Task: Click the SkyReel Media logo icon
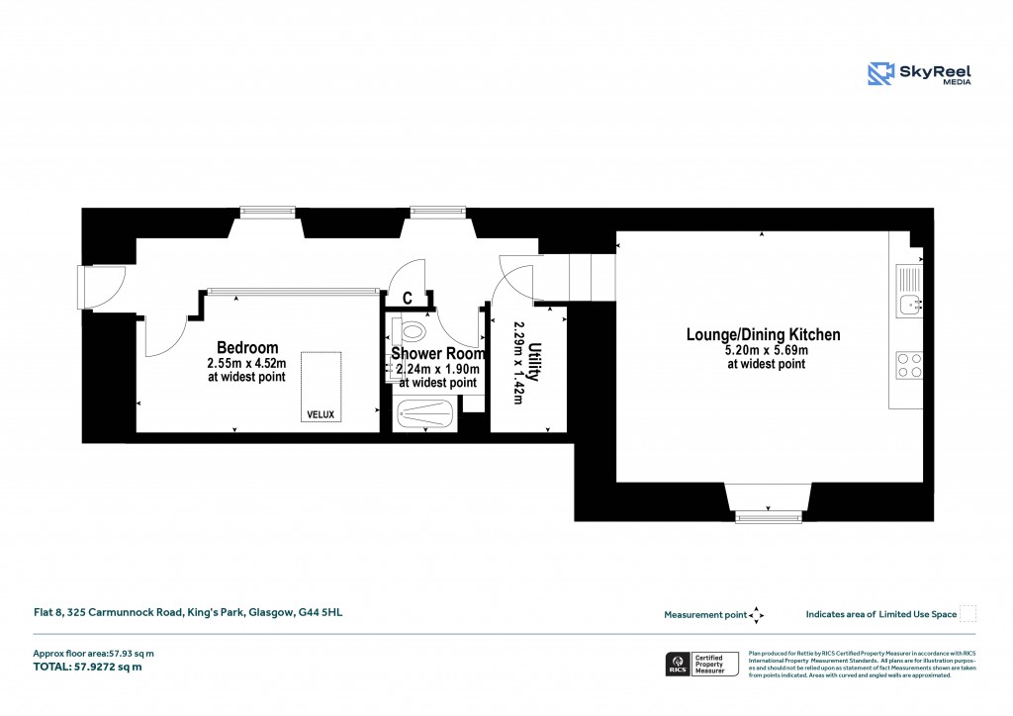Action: (881, 74)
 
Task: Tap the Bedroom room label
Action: (247, 348)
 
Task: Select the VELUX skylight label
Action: (322, 414)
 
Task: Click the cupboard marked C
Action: (407, 299)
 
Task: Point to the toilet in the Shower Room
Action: (414, 329)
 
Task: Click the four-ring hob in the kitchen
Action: (909, 366)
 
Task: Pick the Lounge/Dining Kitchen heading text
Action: (763, 335)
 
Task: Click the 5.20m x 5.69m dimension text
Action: (766, 350)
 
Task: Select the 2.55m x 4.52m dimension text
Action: (246, 364)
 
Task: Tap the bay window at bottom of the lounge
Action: (769, 501)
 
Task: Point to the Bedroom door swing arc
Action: (163, 336)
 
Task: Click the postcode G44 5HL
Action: (321, 613)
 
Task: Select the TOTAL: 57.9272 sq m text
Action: (88, 667)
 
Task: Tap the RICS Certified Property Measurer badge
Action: (701, 665)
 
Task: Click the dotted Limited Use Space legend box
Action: (968, 614)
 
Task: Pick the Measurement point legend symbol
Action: (757, 615)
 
